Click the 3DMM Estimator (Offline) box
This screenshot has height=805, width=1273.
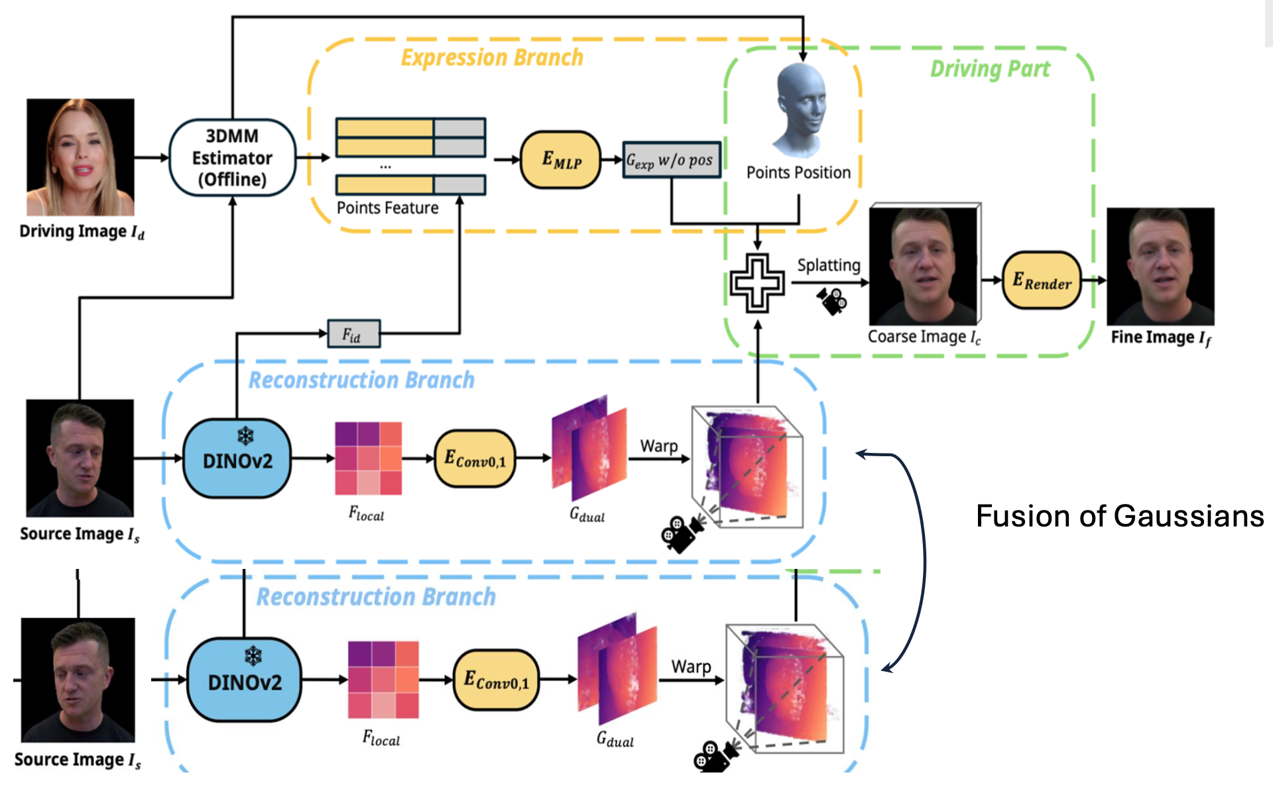[232, 158]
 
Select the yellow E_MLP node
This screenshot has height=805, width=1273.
[561, 160]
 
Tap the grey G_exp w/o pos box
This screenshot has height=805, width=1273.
[671, 160]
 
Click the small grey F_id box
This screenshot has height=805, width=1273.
[354, 334]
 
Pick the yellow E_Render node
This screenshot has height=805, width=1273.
[1042, 280]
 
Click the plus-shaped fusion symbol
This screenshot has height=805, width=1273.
[757, 283]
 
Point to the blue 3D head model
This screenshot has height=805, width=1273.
[801, 109]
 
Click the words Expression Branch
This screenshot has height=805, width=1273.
[492, 58]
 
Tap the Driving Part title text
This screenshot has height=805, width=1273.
[990, 69]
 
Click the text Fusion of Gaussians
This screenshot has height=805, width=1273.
[1120, 516]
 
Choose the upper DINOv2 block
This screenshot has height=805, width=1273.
[237, 459]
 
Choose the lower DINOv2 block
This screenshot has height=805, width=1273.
[244, 680]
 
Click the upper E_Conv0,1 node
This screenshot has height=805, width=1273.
[475, 459]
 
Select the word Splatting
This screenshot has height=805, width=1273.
[828, 265]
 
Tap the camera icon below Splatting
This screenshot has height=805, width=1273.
[832, 300]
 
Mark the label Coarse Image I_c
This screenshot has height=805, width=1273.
[924, 337]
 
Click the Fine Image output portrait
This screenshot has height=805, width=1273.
[1160, 267]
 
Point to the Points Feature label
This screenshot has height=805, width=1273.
[387, 208]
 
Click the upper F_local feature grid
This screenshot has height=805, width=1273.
[368, 459]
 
